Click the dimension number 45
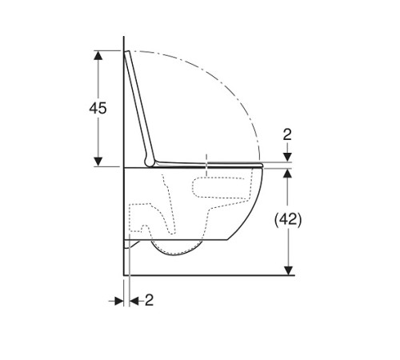pyautogui.click(x=98, y=108)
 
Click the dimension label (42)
pyautogui.click(x=288, y=220)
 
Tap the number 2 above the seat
pyautogui.click(x=287, y=134)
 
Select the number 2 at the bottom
pyautogui.click(x=150, y=300)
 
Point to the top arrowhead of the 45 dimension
pyautogui.click(x=98, y=55)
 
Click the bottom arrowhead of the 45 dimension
pyautogui.click(x=98, y=162)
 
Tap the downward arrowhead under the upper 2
pyautogui.click(x=287, y=157)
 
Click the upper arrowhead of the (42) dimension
pyautogui.click(x=288, y=173)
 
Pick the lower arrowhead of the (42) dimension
pyautogui.click(x=288, y=270)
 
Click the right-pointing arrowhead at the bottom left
pyautogui.click(x=119, y=302)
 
